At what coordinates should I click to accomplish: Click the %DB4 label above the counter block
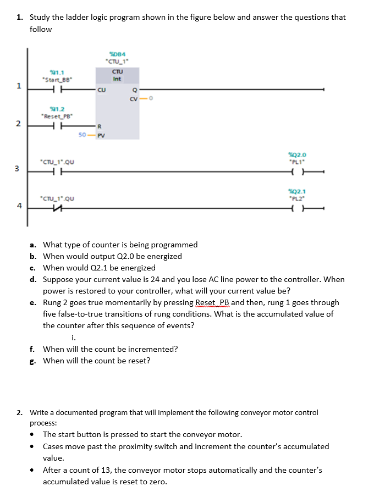pyautogui.click(x=116, y=53)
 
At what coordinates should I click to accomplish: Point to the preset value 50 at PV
pyautogui.click(x=82, y=134)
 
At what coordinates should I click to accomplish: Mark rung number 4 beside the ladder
pyautogui.click(x=19, y=206)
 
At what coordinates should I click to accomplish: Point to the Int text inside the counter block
pyautogui.click(x=117, y=79)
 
